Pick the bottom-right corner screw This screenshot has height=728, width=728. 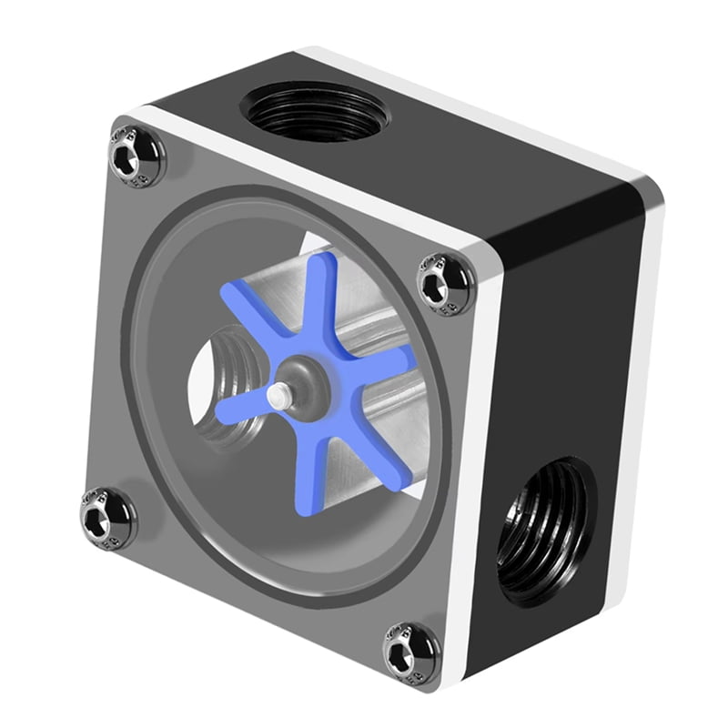pos(411,648)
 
